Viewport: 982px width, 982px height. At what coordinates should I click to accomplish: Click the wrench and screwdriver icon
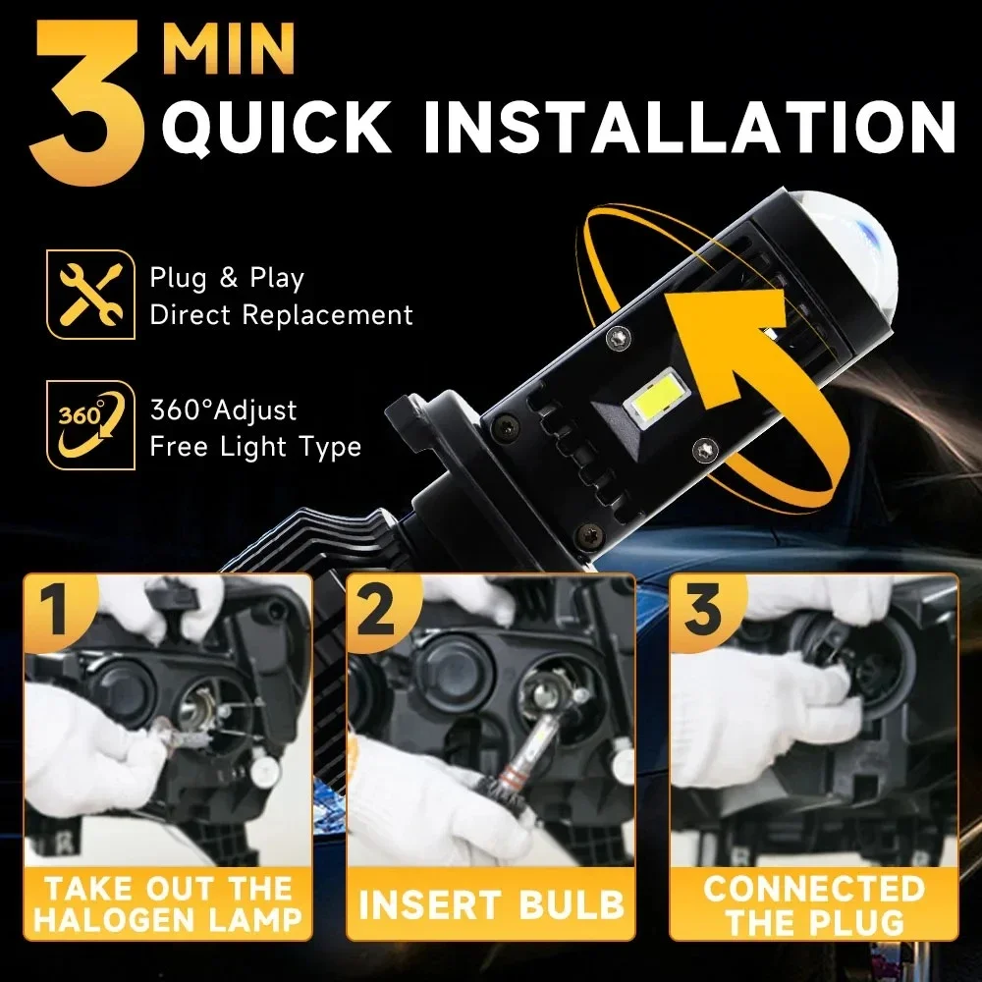tap(89, 295)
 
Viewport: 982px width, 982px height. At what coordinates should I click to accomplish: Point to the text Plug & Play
tap(227, 279)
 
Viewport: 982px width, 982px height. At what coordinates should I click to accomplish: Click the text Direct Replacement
tap(281, 315)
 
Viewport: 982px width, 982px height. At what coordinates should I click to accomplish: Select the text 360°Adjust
tap(223, 409)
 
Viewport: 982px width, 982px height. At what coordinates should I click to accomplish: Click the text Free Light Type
tap(255, 447)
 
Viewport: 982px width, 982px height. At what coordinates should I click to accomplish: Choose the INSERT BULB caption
tap(491, 903)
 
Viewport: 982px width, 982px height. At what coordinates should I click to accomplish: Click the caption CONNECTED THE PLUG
tap(813, 903)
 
